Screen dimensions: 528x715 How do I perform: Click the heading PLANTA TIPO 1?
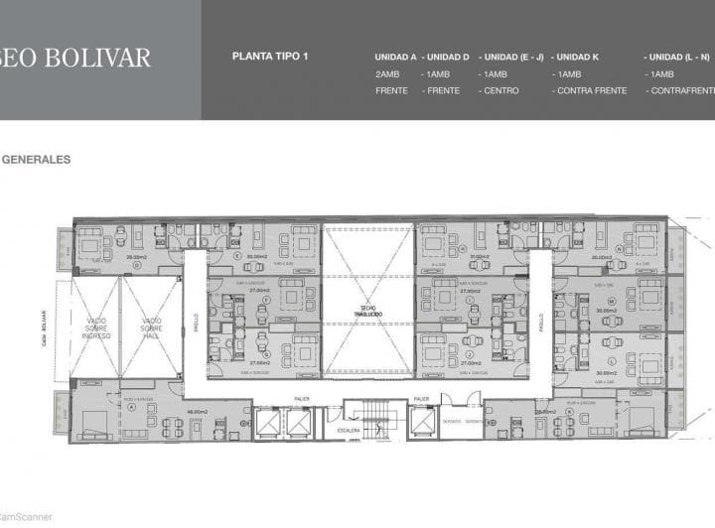[270, 57]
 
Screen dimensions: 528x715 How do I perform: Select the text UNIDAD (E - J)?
[510, 57]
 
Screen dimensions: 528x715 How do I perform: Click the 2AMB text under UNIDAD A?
[387, 74]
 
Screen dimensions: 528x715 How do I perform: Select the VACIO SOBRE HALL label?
[151, 328]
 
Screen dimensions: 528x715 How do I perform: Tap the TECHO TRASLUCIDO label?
[367, 310]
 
